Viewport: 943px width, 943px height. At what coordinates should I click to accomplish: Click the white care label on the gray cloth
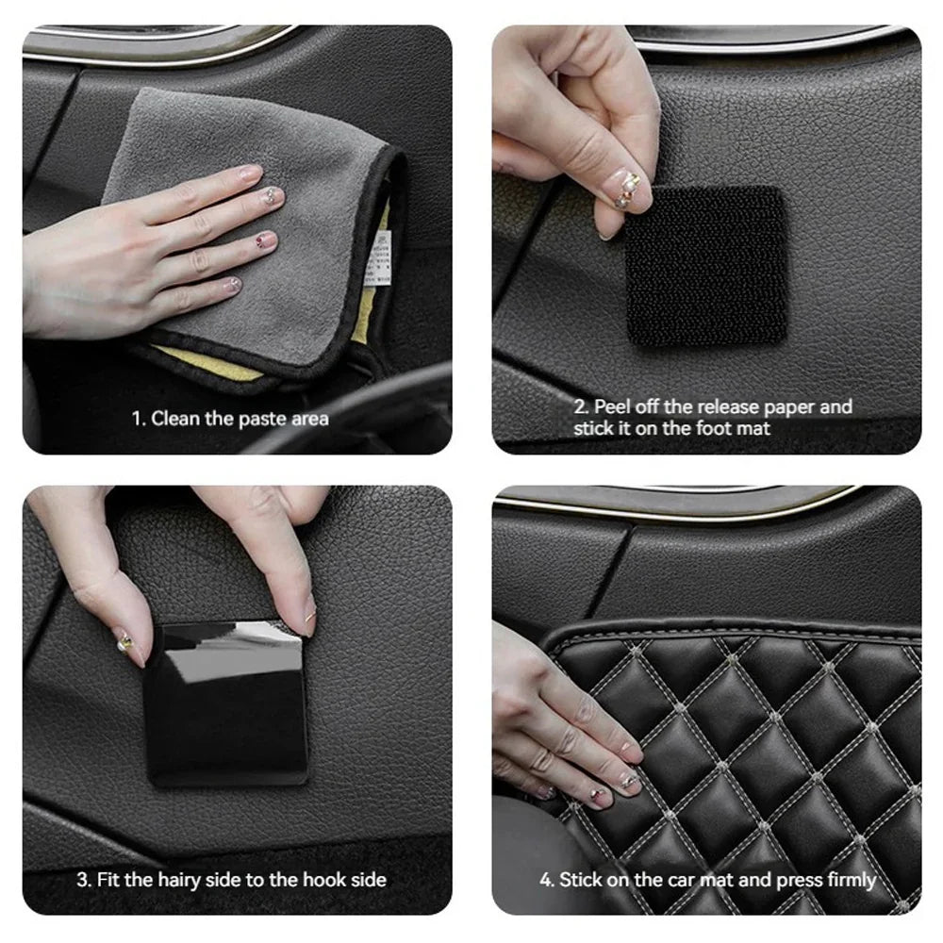tap(379, 259)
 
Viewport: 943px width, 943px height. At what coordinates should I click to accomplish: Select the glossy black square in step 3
tap(226, 703)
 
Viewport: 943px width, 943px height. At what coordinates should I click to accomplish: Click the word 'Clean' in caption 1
tap(175, 419)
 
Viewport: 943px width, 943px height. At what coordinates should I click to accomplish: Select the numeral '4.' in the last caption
tap(547, 881)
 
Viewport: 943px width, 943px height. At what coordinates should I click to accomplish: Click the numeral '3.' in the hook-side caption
tap(84, 881)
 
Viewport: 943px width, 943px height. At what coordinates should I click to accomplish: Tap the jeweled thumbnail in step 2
tap(627, 189)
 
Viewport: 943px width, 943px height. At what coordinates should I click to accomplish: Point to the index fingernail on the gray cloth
tap(251, 174)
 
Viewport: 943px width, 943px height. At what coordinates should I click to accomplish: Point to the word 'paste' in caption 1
tap(260, 420)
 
